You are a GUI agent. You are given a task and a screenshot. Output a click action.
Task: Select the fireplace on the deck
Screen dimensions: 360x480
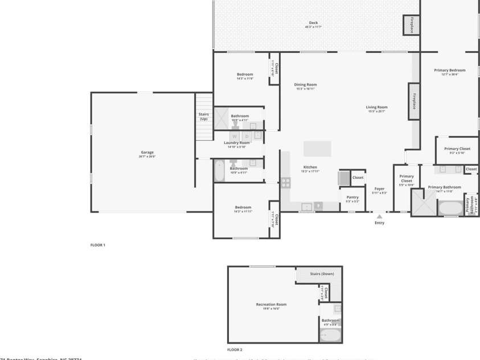tap(411, 24)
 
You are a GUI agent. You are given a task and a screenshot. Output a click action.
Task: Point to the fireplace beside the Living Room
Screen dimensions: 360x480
tap(413, 101)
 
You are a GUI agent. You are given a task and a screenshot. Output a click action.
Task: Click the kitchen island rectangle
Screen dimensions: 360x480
tap(317, 149)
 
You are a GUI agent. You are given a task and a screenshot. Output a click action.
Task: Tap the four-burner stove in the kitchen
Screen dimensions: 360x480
tap(286, 183)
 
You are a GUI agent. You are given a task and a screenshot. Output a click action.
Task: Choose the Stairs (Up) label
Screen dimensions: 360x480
tap(203, 116)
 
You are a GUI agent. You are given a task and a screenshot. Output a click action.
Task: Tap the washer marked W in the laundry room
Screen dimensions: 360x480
tap(234, 136)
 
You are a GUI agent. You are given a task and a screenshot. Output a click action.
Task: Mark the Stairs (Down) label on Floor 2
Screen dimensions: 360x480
tap(322, 273)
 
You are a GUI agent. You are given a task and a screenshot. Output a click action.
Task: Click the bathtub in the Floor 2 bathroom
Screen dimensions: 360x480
tap(330, 335)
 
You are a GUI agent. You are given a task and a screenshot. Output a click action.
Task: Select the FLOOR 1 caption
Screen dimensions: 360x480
tap(98, 245)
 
